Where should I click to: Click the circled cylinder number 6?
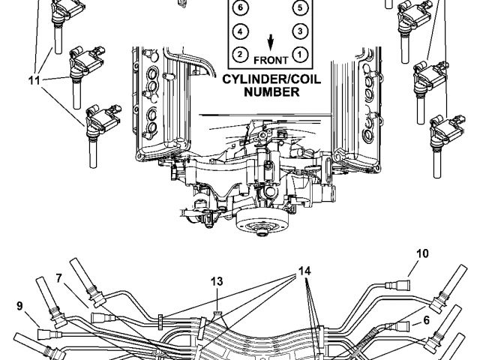point(239,8)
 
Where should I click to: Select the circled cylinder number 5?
point(299,8)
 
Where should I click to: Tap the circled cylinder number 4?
point(239,31)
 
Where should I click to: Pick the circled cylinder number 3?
point(299,31)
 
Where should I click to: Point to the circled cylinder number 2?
point(239,54)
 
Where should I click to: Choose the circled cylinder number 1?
point(299,54)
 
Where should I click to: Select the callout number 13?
point(216,281)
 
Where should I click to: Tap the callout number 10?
point(423,253)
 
